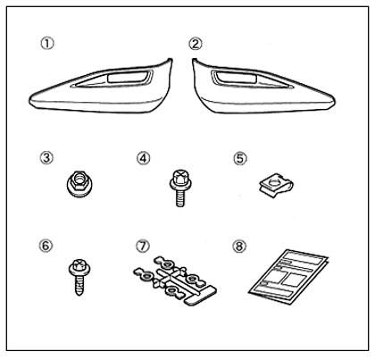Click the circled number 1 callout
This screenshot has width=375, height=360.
tap(47, 44)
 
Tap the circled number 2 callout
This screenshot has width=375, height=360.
tap(196, 44)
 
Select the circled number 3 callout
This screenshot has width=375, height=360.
tap(46, 157)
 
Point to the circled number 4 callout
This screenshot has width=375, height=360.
tap(143, 158)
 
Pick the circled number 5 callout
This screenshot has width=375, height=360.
tap(240, 158)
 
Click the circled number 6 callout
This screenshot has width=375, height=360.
tap(46, 246)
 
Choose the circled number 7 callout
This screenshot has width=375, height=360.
tap(143, 247)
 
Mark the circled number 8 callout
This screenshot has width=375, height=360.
tap(239, 247)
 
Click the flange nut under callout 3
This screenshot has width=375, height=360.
tap(79, 183)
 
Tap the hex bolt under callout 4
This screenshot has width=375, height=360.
tap(179, 188)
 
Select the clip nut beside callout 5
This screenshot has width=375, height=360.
tap(275, 188)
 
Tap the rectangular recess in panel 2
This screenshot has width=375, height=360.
tap(237, 77)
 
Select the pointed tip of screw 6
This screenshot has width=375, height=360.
tap(79, 294)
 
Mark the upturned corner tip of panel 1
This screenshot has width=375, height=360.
tap(171, 60)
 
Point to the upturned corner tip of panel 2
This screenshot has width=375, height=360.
tap(195, 60)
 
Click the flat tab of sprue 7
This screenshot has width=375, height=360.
tap(200, 296)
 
